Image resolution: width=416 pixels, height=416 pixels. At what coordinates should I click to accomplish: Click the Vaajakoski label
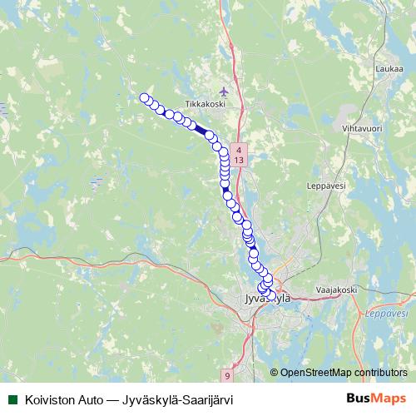pyautogui.click(x=336, y=290)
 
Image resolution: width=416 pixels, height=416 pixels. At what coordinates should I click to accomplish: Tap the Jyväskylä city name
pyautogui.click(x=265, y=298)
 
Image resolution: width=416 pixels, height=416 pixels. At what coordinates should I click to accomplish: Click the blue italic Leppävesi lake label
pyautogui.click(x=387, y=314)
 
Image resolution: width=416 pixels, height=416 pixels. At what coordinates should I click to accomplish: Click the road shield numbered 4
pyautogui.click(x=239, y=148)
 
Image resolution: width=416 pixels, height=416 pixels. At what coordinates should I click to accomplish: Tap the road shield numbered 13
pyautogui.click(x=239, y=158)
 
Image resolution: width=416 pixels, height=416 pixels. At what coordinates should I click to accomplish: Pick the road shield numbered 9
pyautogui.click(x=227, y=377)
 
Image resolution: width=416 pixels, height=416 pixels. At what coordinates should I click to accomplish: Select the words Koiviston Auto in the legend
pyautogui.click(x=57, y=399)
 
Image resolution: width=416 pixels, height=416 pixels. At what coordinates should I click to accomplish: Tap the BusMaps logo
pyautogui.click(x=377, y=399)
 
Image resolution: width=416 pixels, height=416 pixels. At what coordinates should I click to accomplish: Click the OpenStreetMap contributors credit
pyautogui.click(x=344, y=373)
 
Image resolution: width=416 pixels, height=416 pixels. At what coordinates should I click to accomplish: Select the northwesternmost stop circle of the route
pyautogui.click(x=144, y=98)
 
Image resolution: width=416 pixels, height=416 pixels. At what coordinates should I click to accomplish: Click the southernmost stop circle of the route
pyautogui.click(x=270, y=295)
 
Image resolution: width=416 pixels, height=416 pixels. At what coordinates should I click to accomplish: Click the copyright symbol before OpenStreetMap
pyautogui.click(x=275, y=373)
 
